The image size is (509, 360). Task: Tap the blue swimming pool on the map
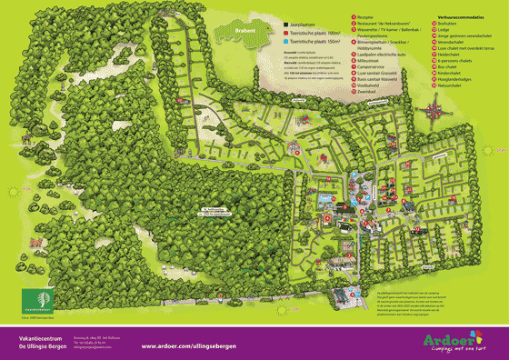click(324, 197)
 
